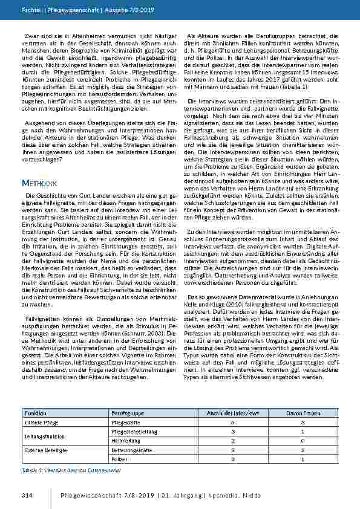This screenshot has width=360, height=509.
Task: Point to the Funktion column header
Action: click(x=34, y=412)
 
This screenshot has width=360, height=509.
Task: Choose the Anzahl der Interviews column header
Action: click(x=234, y=412)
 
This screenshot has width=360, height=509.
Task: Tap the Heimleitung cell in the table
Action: click(x=126, y=441)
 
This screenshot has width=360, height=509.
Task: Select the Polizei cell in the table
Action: click(x=120, y=461)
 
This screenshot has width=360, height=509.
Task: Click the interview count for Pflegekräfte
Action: click(x=233, y=422)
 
